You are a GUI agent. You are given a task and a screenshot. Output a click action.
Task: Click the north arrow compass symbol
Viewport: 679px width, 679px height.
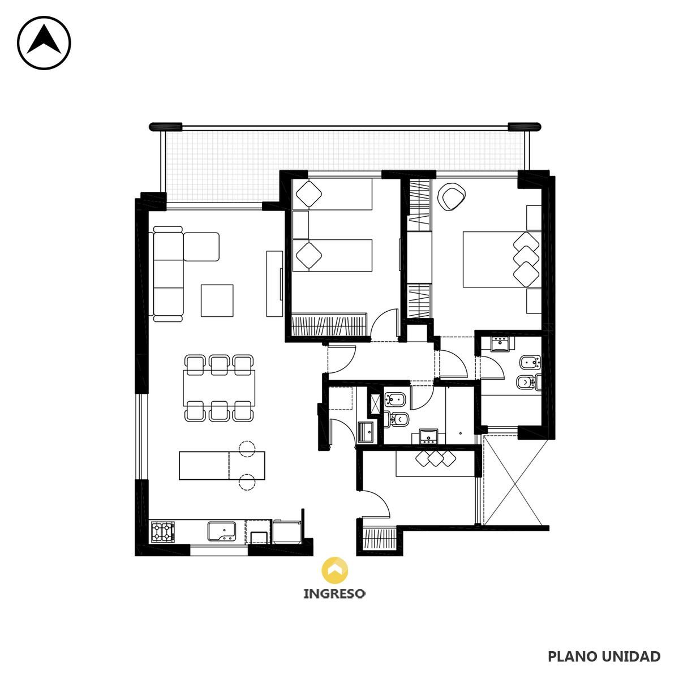click(44, 43)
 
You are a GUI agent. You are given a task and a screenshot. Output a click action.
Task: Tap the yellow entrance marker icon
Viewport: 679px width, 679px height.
click(335, 570)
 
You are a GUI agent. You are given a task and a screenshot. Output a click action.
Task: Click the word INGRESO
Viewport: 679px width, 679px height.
click(334, 594)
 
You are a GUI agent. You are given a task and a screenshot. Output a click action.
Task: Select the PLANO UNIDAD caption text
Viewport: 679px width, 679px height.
click(604, 656)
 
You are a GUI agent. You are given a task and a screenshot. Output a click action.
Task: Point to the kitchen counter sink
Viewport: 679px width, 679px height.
click(222, 531)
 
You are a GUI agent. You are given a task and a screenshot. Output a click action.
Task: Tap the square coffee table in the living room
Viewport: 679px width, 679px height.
click(217, 300)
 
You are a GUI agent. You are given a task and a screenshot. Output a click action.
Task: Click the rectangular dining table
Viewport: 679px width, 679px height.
click(219, 388)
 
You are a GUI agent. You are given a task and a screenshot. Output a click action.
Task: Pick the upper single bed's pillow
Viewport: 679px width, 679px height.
click(309, 194)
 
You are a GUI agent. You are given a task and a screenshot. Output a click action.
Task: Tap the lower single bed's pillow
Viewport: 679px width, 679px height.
click(309, 255)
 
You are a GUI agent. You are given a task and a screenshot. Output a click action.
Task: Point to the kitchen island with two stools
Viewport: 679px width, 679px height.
click(222, 466)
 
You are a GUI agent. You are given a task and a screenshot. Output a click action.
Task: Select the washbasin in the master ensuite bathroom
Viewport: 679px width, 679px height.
click(501, 344)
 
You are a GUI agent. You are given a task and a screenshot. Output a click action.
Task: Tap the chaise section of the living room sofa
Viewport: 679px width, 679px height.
click(201, 247)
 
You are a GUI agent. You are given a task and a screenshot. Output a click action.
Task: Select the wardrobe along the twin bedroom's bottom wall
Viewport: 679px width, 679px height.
click(329, 325)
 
